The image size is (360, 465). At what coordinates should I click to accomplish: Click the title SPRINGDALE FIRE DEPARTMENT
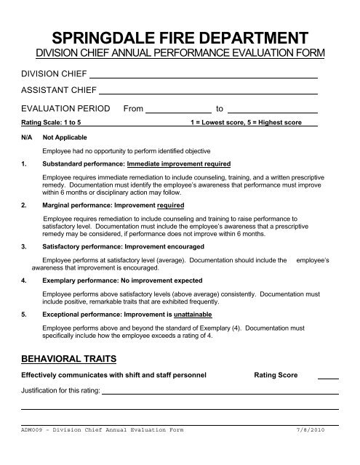click(x=180, y=38)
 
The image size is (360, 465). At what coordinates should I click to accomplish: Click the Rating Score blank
click(x=329, y=376)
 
